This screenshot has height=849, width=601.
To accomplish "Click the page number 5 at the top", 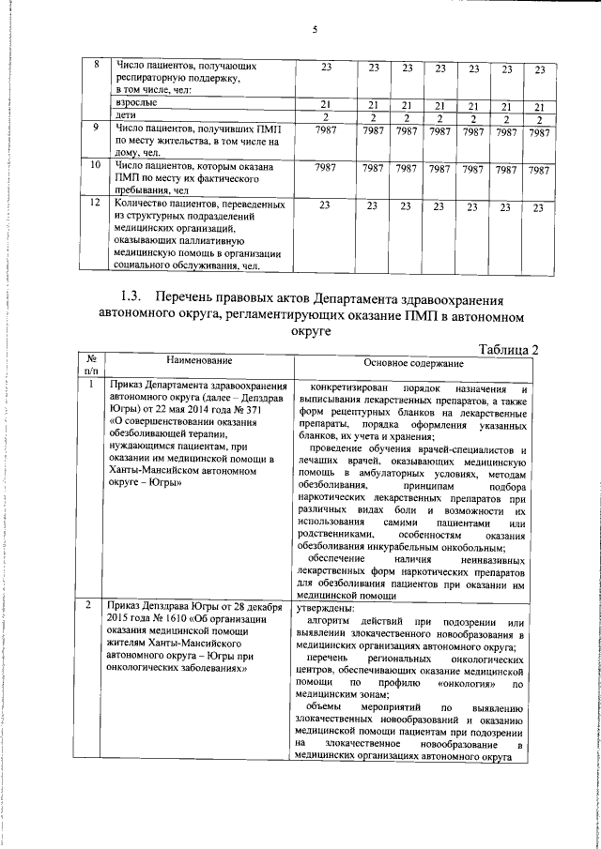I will [316, 30].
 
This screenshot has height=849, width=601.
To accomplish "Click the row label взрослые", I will [135, 103].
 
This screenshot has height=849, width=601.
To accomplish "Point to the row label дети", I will [125, 115].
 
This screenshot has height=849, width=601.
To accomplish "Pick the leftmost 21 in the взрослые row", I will [326, 104].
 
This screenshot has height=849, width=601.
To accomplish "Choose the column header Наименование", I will [198, 360].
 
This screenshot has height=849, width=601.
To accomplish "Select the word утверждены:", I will [320, 608].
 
